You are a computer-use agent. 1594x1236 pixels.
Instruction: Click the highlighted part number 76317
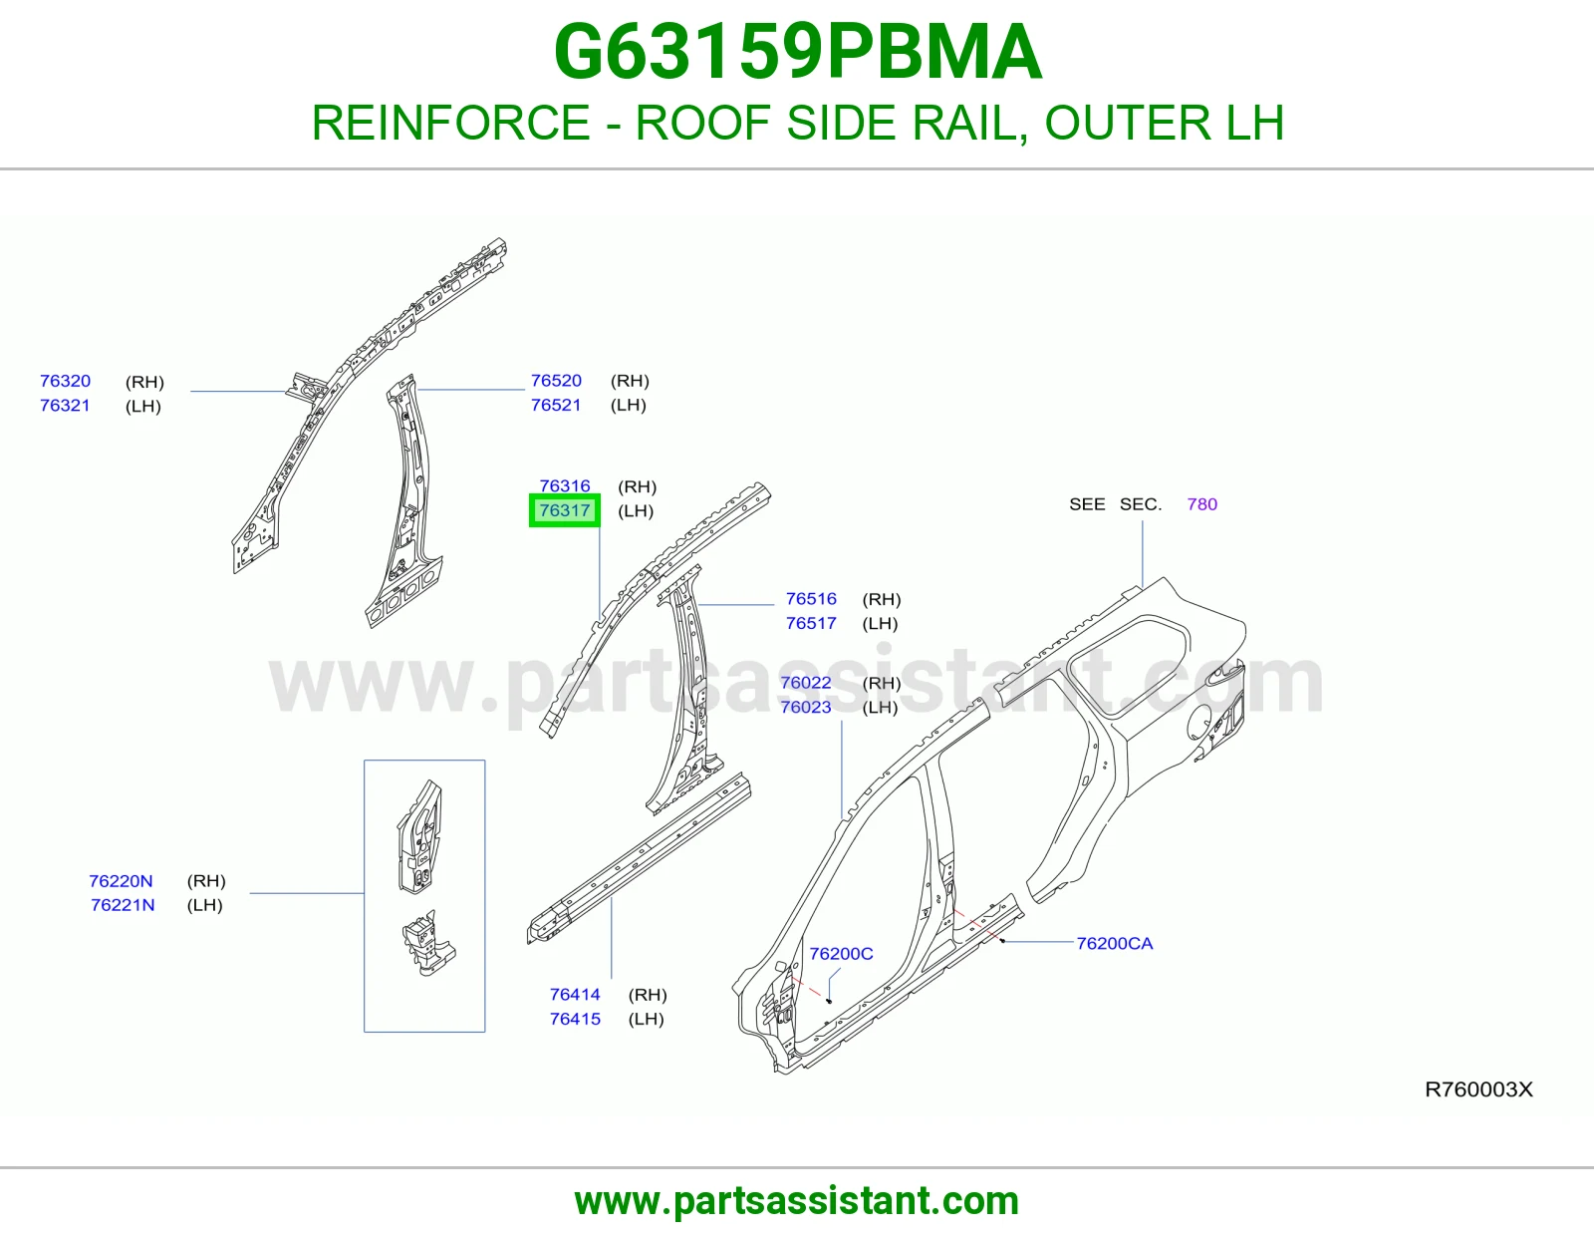[x=564, y=510]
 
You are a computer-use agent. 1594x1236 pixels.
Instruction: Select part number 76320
[x=66, y=381]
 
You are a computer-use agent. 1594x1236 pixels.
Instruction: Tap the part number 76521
[x=556, y=405]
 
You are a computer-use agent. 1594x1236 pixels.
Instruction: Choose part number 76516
[x=811, y=599]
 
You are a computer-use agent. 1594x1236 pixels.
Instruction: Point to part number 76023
[x=805, y=707]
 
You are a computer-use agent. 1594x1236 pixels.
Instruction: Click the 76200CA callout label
[x=1114, y=944]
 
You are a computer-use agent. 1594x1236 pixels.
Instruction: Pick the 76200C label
[x=841, y=954]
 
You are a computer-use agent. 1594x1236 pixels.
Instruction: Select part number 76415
[x=575, y=1019]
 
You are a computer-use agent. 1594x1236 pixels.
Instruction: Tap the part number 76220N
[x=121, y=881]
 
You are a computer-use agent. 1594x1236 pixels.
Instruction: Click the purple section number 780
[x=1201, y=504]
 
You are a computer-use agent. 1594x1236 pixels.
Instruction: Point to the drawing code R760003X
[x=1478, y=1089]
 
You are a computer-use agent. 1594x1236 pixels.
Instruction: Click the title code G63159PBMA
[x=797, y=52]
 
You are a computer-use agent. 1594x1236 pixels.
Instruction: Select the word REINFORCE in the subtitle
[x=450, y=123]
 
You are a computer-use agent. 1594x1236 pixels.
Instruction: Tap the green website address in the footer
[x=797, y=1201]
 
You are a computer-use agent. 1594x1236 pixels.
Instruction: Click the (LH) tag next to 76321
[x=143, y=407]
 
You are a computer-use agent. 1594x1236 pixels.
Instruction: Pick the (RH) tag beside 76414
[x=647, y=995]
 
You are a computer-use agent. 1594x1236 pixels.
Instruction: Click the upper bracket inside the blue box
[x=420, y=836]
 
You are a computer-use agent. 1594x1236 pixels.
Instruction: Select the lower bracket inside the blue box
[x=428, y=943]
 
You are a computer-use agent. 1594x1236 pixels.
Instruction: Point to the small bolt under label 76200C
[x=829, y=1001]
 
